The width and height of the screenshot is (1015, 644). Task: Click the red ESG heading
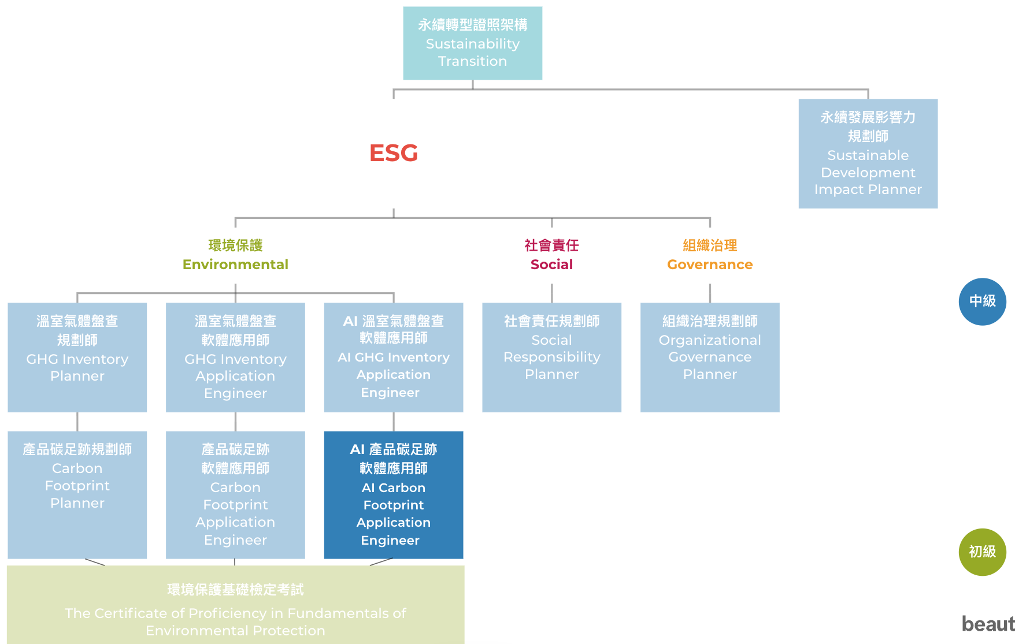[393, 153]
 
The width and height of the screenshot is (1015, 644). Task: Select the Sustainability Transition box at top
[472, 43]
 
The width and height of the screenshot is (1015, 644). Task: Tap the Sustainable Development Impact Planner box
[868, 154]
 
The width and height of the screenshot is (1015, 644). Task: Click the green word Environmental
[235, 265]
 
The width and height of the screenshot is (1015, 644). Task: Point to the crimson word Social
[551, 265]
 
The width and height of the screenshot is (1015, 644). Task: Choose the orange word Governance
[710, 265]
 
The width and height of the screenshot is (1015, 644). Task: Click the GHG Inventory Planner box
[77, 357]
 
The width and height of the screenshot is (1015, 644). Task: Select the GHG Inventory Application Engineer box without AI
[235, 357]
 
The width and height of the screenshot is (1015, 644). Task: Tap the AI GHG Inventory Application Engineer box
[393, 357]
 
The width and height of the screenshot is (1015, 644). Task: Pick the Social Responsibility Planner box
[551, 357]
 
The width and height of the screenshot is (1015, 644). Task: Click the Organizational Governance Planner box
[710, 357]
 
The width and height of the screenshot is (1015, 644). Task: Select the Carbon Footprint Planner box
[77, 494]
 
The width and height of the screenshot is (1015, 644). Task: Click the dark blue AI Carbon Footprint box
[393, 494]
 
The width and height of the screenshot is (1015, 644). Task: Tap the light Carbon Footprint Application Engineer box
[235, 494]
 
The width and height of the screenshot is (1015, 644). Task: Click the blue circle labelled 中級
[982, 301]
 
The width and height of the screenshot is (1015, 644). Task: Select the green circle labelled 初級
[982, 552]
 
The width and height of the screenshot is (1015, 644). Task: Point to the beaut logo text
[988, 624]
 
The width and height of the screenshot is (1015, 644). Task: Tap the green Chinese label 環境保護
[235, 245]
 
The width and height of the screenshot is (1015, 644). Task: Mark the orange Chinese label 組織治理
[710, 245]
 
